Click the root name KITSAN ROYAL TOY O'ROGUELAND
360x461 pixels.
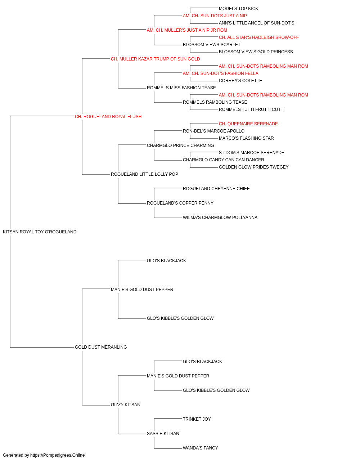click(x=40, y=232)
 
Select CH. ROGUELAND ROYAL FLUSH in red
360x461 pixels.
click(x=108, y=117)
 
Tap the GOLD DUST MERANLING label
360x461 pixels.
click(x=101, y=347)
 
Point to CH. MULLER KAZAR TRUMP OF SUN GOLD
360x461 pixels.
click(x=156, y=59)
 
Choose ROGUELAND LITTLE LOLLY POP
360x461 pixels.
click(x=144, y=174)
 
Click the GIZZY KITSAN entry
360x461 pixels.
click(x=126, y=405)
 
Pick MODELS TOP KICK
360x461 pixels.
click(x=238, y=9)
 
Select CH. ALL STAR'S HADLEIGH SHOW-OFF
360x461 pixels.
click(x=258, y=37)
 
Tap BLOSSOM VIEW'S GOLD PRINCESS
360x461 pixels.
click(x=256, y=52)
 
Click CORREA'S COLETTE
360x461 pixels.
click(x=240, y=81)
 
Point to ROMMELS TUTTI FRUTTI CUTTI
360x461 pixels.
click(x=251, y=109)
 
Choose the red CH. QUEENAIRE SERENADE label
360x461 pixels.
click(x=248, y=124)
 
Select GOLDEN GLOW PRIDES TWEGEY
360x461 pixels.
click(x=253, y=167)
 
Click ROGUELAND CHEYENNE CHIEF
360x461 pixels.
click(x=216, y=189)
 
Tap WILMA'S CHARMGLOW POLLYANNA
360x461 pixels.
click(x=220, y=218)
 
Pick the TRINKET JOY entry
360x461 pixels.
click(x=197, y=419)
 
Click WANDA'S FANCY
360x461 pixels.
click(x=201, y=448)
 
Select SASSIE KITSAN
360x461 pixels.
click(x=163, y=434)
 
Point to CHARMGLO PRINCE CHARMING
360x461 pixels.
click(x=180, y=145)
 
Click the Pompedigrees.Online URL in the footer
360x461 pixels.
click(x=58, y=455)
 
